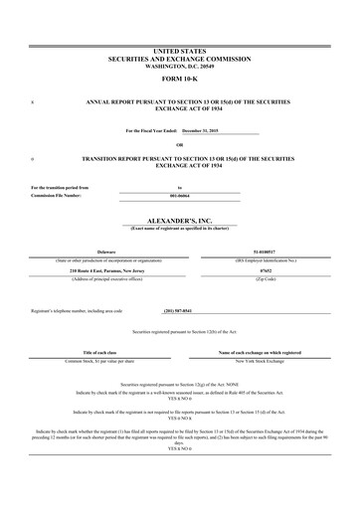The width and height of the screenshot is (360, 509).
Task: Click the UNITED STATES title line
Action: (x=179, y=49)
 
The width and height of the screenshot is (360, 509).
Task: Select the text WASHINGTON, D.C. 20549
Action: (x=179, y=65)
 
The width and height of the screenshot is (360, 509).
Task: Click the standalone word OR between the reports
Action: (x=179, y=144)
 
